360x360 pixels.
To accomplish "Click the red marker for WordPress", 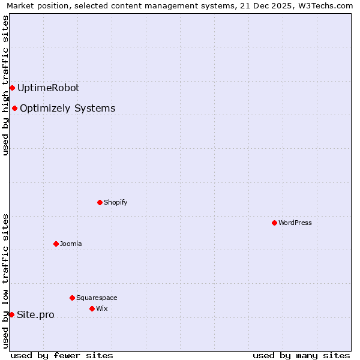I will (274, 223).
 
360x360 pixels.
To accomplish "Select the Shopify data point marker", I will (100, 202).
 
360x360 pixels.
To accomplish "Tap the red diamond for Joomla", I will (56, 244).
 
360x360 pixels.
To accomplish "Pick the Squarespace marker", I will (72, 298).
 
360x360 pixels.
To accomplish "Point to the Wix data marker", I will (92, 308).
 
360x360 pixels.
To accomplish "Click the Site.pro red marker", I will (11, 314).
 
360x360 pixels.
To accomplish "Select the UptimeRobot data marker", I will (12, 88).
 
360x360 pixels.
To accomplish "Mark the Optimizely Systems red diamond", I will (14, 108).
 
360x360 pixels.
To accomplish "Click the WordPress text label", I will (295, 223).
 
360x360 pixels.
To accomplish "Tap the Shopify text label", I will (116, 202).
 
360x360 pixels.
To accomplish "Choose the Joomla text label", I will (71, 244).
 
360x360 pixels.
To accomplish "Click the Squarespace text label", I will (97, 298).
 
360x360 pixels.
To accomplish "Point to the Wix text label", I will (102, 308).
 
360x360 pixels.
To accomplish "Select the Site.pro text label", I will (35, 315).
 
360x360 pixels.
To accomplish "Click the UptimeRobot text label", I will (48, 88).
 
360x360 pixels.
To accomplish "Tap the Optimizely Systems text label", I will (67, 109).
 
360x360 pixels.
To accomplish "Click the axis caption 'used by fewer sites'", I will (62, 355).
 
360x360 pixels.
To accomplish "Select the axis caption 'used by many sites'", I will (301, 355).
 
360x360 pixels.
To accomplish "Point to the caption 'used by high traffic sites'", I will (6, 85).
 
